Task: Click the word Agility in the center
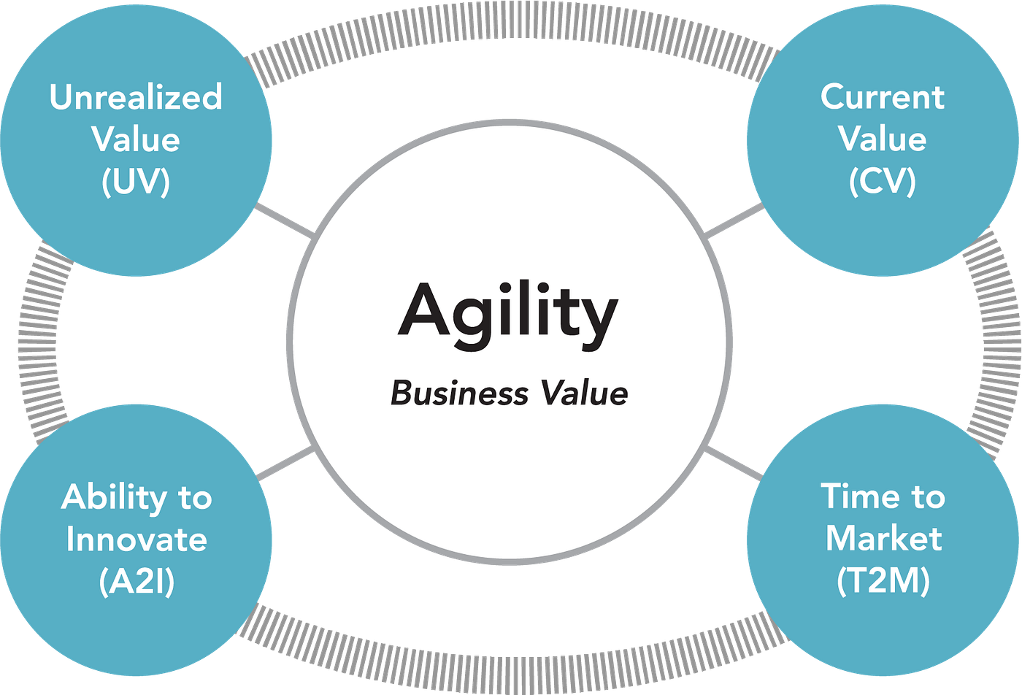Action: pos(508,315)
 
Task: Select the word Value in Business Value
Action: pos(585,393)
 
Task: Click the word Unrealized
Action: pos(136,97)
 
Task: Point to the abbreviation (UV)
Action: pos(136,182)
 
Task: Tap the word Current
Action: pos(883,97)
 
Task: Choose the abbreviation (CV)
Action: pos(883,182)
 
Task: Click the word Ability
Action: pos(114,498)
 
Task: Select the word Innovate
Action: pos(137,539)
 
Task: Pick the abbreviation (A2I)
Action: pos(137,581)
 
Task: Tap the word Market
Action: pos(884,539)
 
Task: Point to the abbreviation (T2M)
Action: pos(883,581)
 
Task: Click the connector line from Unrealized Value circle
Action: pos(285,220)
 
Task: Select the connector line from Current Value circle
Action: pos(734,220)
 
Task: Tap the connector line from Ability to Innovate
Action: pos(285,463)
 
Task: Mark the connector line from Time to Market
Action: pos(734,463)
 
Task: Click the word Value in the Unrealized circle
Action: pos(136,139)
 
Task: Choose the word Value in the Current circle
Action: pos(883,139)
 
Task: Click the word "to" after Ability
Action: pos(196,498)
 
